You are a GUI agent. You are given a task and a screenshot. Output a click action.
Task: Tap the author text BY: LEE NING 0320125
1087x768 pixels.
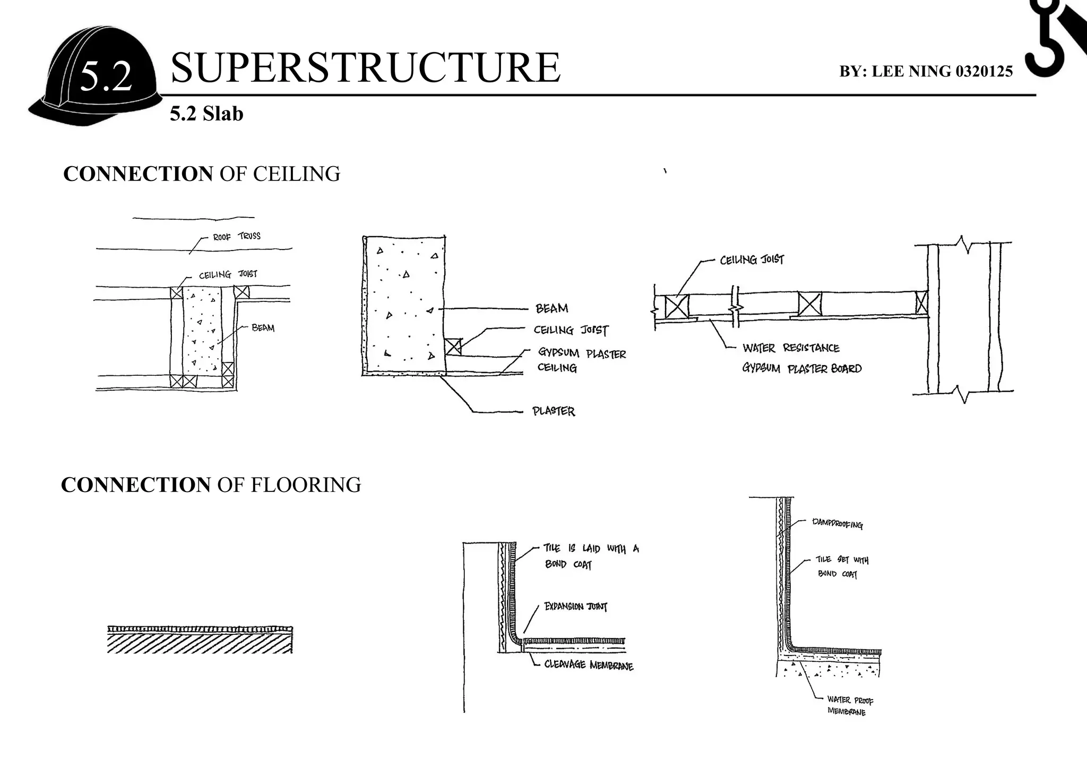[x=926, y=71]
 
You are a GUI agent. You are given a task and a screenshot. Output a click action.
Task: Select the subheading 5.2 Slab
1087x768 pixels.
[x=206, y=114]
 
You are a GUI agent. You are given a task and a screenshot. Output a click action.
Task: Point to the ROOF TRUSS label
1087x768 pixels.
[x=237, y=236]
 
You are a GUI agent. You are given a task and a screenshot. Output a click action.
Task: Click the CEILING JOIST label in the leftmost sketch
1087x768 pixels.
[x=228, y=274]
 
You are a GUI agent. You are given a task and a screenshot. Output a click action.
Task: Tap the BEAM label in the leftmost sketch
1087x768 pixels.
[x=263, y=328]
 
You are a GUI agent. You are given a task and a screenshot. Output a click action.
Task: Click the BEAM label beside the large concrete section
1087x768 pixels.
[x=551, y=308]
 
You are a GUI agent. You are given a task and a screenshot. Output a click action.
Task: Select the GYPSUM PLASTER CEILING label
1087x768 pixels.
[x=581, y=360]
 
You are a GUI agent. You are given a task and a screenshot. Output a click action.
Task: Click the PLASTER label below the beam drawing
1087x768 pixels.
[x=554, y=411]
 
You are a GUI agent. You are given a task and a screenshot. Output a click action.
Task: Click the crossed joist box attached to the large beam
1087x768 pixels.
[x=453, y=347]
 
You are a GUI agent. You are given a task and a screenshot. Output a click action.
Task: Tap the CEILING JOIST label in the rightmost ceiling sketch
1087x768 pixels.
[x=752, y=260]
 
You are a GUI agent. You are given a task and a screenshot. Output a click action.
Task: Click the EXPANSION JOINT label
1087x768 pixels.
[x=575, y=607]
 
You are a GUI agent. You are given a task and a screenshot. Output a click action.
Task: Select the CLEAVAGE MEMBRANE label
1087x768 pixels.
[x=589, y=665]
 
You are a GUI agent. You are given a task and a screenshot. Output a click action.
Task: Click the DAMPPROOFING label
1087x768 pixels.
[x=837, y=524]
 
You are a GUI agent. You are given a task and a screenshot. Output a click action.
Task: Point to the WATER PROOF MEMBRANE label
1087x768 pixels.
[x=850, y=706]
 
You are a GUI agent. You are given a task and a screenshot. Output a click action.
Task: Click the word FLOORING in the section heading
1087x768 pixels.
[x=305, y=485]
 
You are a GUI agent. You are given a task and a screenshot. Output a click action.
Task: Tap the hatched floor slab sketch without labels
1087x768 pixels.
[x=200, y=640]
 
